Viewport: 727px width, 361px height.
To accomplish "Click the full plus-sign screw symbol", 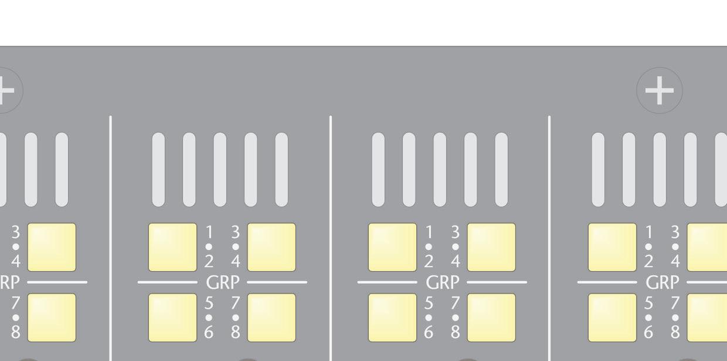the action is pyautogui.click(x=660, y=90).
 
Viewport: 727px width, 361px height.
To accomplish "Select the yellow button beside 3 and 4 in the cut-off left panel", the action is pyautogui.click(x=52, y=247).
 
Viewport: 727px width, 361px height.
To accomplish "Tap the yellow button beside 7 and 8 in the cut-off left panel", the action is pyautogui.click(x=52, y=318).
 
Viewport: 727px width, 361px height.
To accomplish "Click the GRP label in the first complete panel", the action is pyautogui.click(x=223, y=282).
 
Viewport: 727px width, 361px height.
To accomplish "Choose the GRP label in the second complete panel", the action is pyautogui.click(x=443, y=282).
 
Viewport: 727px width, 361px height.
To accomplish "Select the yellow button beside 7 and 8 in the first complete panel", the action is pyautogui.click(x=271, y=318).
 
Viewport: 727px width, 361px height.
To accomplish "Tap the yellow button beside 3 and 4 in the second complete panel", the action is pyautogui.click(x=491, y=247).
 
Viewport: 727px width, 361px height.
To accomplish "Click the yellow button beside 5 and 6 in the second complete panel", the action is pyautogui.click(x=392, y=318).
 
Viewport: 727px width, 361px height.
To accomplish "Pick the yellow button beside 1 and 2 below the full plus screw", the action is pyautogui.click(x=612, y=247).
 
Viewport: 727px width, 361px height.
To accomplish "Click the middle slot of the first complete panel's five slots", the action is pyautogui.click(x=220, y=170).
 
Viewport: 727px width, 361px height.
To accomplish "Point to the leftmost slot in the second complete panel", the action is pyautogui.click(x=379, y=170).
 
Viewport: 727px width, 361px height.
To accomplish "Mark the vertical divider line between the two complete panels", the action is pyautogui.click(x=331, y=235).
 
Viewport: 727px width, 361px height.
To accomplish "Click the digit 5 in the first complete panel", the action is pyautogui.click(x=209, y=303).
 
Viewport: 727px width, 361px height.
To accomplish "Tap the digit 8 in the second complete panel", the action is pyautogui.click(x=455, y=332).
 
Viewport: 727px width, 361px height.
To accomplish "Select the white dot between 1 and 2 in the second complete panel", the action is pyautogui.click(x=429, y=247).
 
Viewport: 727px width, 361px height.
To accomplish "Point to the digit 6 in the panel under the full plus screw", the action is pyautogui.click(x=649, y=332).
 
